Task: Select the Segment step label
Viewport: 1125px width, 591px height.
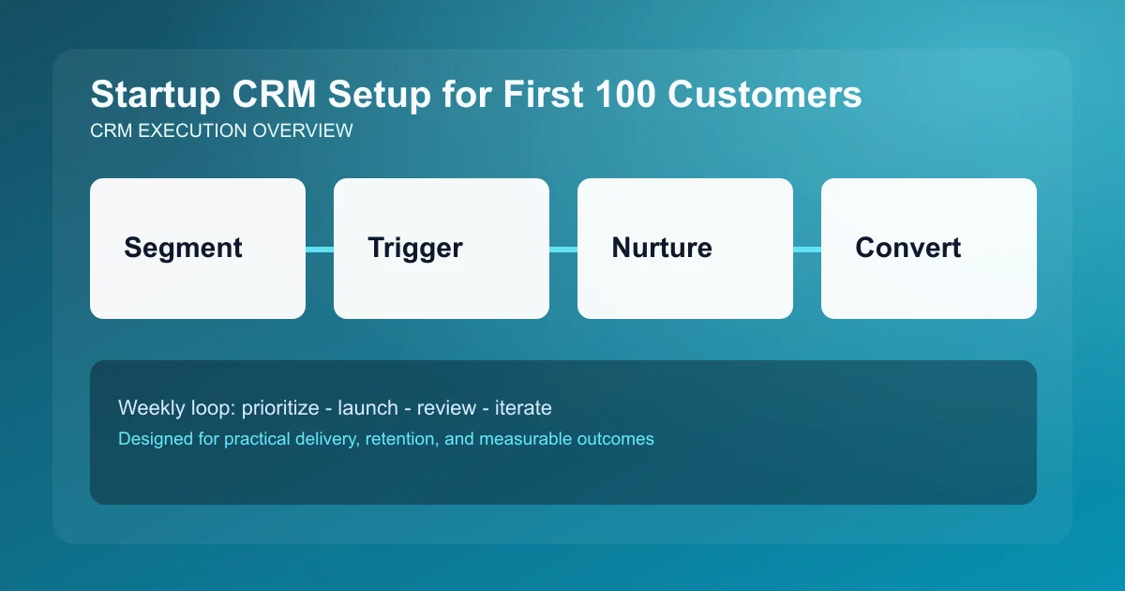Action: click(x=183, y=248)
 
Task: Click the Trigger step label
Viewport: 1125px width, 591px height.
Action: click(x=414, y=248)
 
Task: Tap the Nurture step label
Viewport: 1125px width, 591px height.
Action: click(x=661, y=248)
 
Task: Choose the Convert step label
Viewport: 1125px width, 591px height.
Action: click(x=907, y=248)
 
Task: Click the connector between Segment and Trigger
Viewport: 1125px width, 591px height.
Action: click(x=320, y=249)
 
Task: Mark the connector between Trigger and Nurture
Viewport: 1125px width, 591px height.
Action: click(x=563, y=249)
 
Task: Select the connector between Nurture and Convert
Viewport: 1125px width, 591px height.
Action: click(x=807, y=249)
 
